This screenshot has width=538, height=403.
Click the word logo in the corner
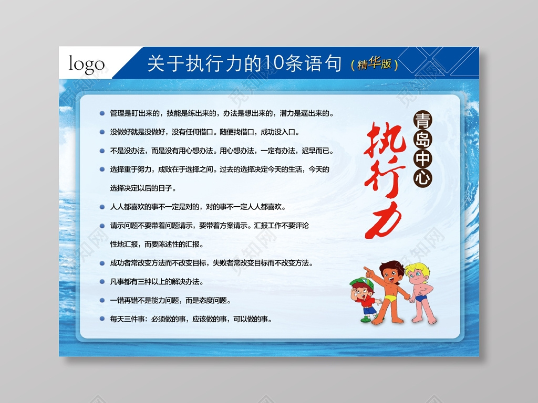(87, 65)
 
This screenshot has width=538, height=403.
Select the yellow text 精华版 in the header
(374, 64)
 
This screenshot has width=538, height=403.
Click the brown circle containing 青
(422, 121)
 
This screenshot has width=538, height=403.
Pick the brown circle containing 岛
(422, 140)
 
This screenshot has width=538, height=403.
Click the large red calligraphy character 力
(383, 220)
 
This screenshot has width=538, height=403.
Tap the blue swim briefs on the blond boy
(421, 299)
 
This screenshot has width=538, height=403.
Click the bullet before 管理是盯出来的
(102, 113)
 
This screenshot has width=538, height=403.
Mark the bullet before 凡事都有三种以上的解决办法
(102, 282)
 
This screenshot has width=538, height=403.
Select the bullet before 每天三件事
(102, 319)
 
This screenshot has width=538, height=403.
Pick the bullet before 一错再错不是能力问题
(102, 301)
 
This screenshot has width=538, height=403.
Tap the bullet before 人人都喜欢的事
(102, 207)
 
